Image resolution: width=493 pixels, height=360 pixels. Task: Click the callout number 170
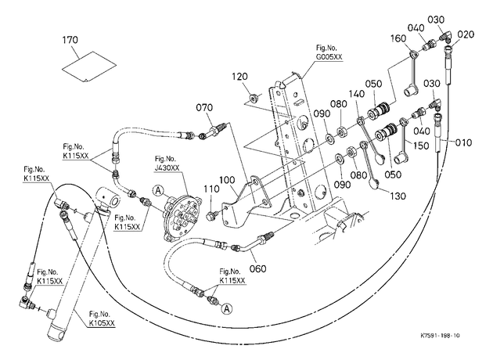coord(70,40)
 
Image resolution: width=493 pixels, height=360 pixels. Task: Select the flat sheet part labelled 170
coord(89,67)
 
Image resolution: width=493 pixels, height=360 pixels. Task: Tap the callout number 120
coord(240,77)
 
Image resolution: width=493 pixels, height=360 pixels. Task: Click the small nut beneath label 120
coord(254,99)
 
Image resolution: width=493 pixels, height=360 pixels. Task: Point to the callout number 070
coord(204,108)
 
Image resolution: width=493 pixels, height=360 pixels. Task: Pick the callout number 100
coord(227,180)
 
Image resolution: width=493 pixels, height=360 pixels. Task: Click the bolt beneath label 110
coord(211,216)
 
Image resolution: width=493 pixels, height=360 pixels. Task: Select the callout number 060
coord(257,268)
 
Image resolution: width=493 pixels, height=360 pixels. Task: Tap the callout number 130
coord(398,196)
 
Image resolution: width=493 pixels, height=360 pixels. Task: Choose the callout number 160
coord(398,38)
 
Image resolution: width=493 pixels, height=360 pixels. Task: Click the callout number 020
coord(466,34)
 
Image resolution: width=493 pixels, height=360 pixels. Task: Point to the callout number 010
coord(463,142)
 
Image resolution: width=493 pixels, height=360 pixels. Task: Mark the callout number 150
coord(421,146)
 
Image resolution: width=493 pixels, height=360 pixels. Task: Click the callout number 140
coord(357,94)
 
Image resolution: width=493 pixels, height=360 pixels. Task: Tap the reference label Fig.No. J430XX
coord(167,164)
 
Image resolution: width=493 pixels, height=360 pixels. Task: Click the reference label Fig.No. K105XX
coord(102,319)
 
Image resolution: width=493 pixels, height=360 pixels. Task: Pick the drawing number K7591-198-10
coord(440,336)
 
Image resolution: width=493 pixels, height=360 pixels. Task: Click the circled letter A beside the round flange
coord(158,190)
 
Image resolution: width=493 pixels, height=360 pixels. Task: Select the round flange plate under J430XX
coord(181,218)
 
